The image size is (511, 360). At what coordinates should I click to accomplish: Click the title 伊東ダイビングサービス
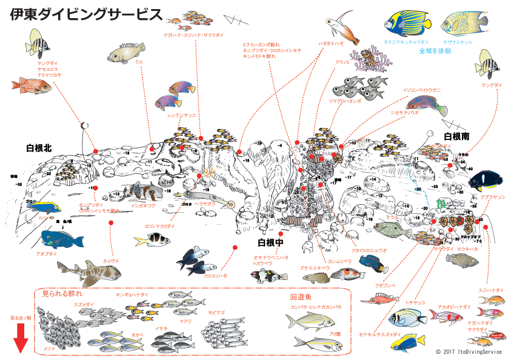click(x=87, y=15)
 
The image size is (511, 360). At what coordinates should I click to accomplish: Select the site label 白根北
click(x=39, y=148)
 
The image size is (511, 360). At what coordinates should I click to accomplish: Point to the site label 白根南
click(x=456, y=136)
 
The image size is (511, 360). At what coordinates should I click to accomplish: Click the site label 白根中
click(x=270, y=242)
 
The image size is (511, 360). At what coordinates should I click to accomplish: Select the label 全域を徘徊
click(x=435, y=52)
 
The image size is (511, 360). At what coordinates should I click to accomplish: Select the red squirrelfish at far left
click(x=30, y=85)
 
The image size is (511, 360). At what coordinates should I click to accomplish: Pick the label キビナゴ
click(x=216, y=312)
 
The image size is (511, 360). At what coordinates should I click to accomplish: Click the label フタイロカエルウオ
click(x=369, y=250)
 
